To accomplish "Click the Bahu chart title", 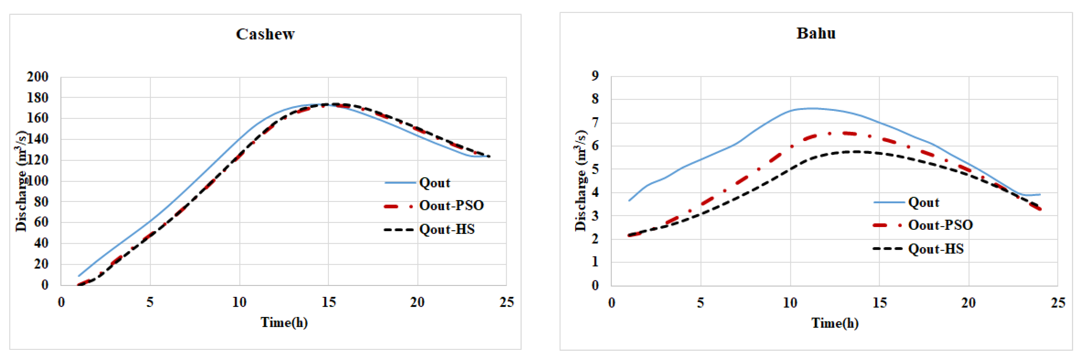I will (x=815, y=33).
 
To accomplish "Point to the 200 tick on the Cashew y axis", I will (x=38, y=77).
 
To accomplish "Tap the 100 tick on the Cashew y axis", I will (x=38, y=181).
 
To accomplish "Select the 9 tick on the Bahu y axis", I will (x=595, y=76).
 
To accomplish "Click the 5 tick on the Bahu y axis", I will (x=595, y=169).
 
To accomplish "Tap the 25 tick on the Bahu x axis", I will (x=1057, y=303).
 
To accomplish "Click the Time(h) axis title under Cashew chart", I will (x=284, y=322).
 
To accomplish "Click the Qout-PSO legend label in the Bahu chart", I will (x=940, y=225).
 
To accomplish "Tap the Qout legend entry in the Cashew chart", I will (x=434, y=183).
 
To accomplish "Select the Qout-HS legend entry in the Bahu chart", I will (x=936, y=249).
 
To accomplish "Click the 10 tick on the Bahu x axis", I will (x=790, y=303).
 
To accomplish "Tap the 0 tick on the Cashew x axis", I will (x=61, y=302).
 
